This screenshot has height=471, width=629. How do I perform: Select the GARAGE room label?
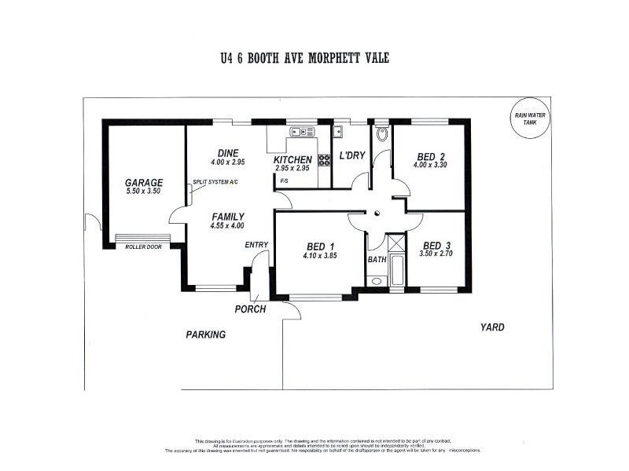click(144, 182)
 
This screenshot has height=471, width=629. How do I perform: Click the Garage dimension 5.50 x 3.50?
click(144, 191)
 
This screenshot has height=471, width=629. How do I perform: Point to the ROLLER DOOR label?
click(143, 246)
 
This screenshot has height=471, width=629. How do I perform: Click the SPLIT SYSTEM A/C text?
click(215, 182)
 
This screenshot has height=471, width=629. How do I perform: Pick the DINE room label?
click(228, 153)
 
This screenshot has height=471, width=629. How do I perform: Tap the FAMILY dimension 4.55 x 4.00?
click(228, 226)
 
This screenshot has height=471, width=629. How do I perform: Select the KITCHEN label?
click(292, 159)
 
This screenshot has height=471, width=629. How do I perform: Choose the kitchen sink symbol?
click(301, 131)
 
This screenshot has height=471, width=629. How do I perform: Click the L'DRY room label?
click(351, 155)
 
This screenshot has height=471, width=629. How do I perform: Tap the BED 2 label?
click(430, 155)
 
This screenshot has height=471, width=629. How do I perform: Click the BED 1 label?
click(319, 245)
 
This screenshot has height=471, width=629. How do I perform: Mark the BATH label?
click(376, 259)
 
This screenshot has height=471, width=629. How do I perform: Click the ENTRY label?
click(256, 245)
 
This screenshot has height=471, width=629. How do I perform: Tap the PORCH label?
click(250, 309)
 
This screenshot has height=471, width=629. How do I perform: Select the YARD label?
click(493, 327)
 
